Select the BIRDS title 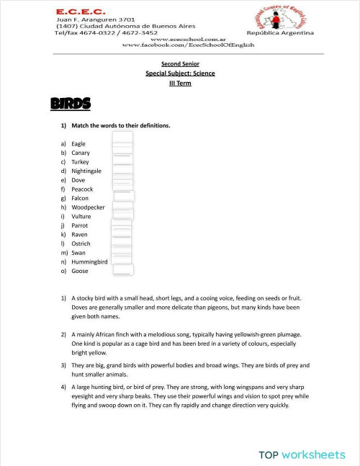click(x=71, y=104)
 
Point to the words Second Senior click(x=180, y=64)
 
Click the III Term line click(x=180, y=83)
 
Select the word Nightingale click(x=86, y=171)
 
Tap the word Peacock click(x=82, y=189)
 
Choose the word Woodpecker click(x=88, y=207)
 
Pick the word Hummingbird click(x=89, y=262)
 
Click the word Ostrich click(x=81, y=244)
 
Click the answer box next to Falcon click(x=124, y=197)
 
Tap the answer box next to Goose click(x=123, y=270)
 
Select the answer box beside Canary click(x=123, y=151)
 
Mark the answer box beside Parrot click(x=122, y=225)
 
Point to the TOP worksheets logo click(x=302, y=454)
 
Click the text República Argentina click(x=280, y=33)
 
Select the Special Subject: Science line click(x=180, y=73)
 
